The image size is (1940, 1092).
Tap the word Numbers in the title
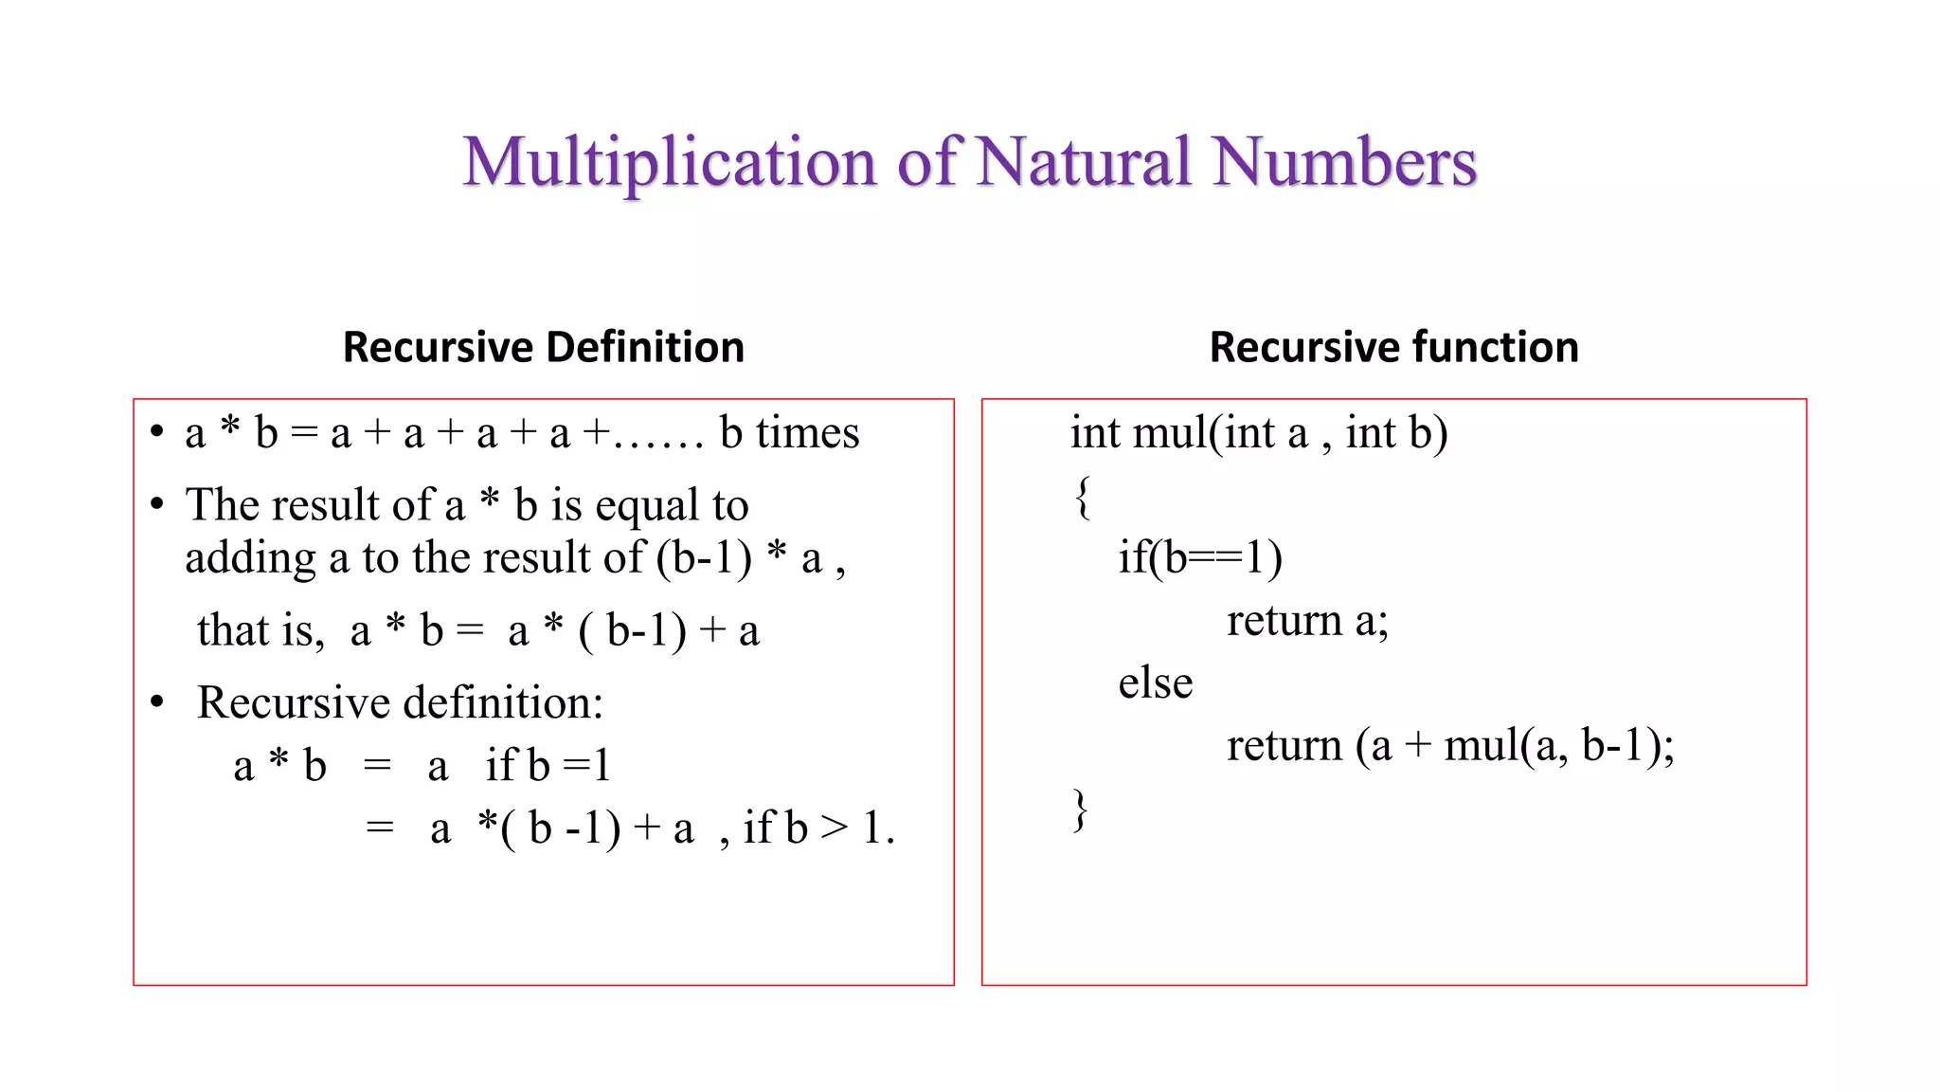pos(1344,162)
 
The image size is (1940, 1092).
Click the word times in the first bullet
pos(807,433)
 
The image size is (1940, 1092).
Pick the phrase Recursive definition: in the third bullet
pos(400,703)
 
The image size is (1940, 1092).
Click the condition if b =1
pos(548,766)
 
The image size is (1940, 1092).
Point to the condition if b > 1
pos(817,828)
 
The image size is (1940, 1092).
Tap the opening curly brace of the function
pos(1083,497)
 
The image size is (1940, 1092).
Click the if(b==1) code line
pos(1200,557)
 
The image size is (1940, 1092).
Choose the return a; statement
pos(1307,621)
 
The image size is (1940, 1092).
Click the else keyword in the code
pos(1155,683)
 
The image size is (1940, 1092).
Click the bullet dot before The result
pos(157,504)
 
